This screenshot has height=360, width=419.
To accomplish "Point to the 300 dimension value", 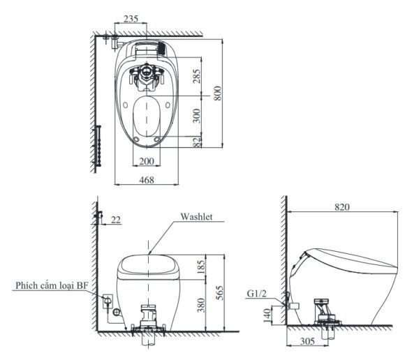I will [x=197, y=115].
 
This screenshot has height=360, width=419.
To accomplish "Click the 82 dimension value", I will [x=197, y=142].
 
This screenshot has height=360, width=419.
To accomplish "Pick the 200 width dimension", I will [x=145, y=161].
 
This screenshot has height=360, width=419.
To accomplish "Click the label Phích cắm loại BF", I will [x=43, y=285].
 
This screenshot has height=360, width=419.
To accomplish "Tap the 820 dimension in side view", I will [x=342, y=207].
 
